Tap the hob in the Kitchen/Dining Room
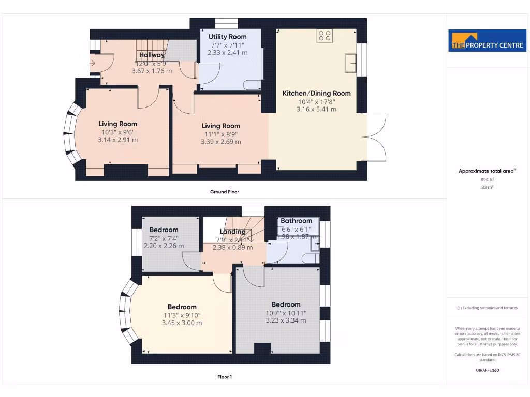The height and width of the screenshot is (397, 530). pyautogui.click(x=325, y=35)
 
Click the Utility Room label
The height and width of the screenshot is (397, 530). pyautogui.click(x=227, y=37)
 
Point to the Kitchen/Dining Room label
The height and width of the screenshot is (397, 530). pyautogui.click(x=316, y=94)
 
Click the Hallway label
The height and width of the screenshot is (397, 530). pyautogui.click(x=152, y=55)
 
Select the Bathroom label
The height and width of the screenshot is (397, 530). pyautogui.click(x=297, y=221)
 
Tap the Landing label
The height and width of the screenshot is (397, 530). pyautogui.click(x=232, y=232)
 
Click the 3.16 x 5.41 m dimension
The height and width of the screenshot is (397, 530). pyautogui.click(x=316, y=109)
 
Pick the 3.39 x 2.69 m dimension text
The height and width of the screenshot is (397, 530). pyautogui.click(x=221, y=142)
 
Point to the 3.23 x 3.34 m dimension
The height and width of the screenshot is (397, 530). pyautogui.click(x=286, y=320)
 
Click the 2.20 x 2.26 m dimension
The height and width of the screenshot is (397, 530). pyautogui.click(x=164, y=246)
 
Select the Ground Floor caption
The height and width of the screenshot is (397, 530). pyautogui.click(x=224, y=192)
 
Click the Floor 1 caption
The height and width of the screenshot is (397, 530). pyautogui.click(x=224, y=377)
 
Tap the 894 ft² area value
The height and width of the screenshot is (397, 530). pyautogui.click(x=487, y=179)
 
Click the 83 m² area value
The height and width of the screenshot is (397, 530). pyautogui.click(x=487, y=188)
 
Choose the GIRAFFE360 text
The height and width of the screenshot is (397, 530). pyautogui.click(x=487, y=370)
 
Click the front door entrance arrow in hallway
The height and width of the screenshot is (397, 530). pyautogui.click(x=92, y=64)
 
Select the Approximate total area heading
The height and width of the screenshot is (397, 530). pyautogui.click(x=487, y=171)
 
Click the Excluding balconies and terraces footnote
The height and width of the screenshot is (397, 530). pyautogui.click(x=487, y=308)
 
